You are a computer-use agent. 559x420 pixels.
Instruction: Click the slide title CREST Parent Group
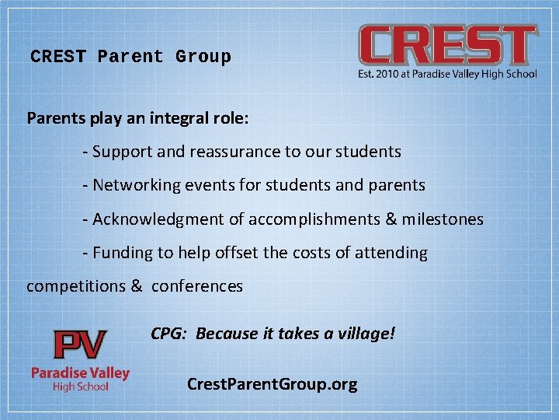pos(130,57)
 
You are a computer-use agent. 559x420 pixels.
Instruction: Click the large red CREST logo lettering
pos(447,45)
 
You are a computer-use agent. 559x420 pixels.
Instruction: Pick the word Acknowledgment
pos(158,219)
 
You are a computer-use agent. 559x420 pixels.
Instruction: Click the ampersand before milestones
pos(391,219)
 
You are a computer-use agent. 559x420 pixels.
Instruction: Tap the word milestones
pos(443,219)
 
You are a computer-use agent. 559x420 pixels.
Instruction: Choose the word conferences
pos(197,286)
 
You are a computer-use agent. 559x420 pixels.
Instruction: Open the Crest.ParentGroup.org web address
pos(273,383)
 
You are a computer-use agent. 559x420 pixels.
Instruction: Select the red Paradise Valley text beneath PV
pos(80,373)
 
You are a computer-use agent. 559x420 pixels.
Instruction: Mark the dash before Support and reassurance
pos(85,152)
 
